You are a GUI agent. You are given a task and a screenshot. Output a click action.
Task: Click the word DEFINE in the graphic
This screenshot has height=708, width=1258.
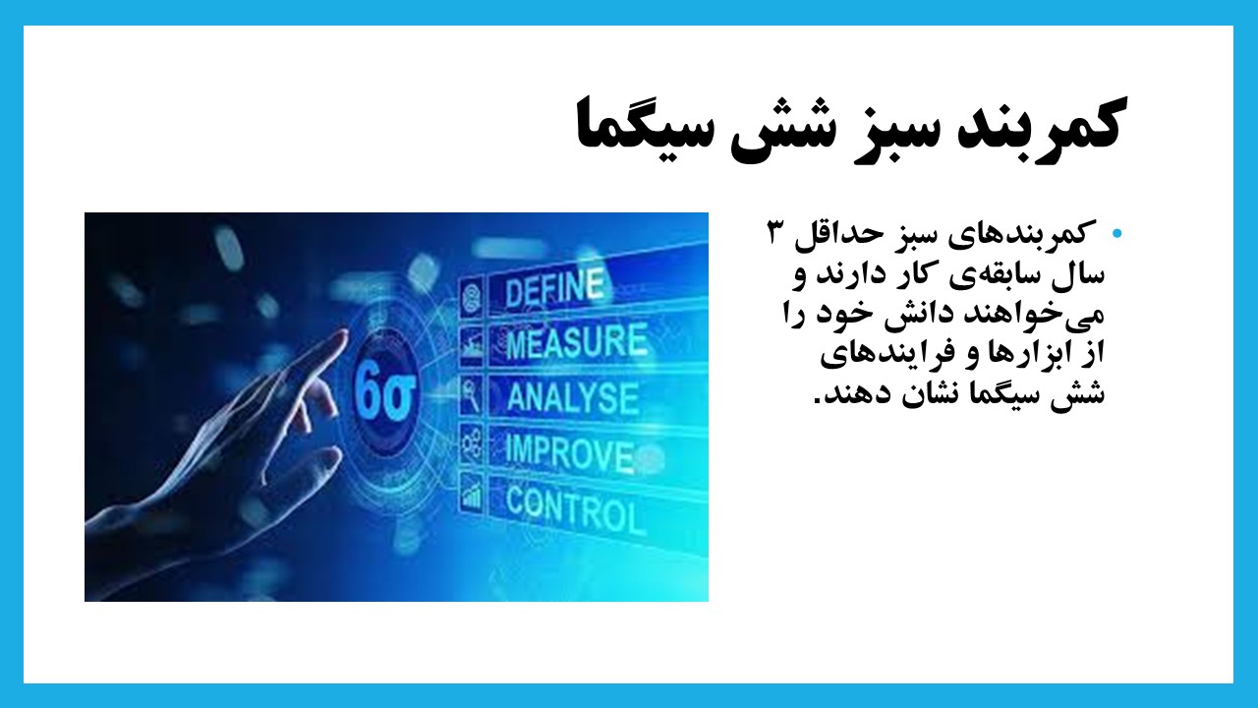554,288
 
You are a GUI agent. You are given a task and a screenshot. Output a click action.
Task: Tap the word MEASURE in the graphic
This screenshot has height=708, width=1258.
576,341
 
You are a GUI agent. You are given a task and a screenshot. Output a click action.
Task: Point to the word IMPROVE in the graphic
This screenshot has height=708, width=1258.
569,453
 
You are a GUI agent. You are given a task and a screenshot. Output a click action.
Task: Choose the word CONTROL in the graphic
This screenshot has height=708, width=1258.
576,509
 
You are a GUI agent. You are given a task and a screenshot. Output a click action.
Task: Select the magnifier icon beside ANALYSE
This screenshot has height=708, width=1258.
471,394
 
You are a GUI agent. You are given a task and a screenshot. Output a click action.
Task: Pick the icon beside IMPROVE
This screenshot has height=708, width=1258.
471,443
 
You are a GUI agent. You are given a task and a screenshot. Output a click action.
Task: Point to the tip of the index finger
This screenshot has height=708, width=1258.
344,333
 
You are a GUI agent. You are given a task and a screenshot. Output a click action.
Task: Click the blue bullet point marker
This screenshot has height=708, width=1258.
1116,233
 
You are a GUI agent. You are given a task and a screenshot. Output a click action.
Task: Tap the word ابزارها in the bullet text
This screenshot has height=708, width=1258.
1015,353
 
